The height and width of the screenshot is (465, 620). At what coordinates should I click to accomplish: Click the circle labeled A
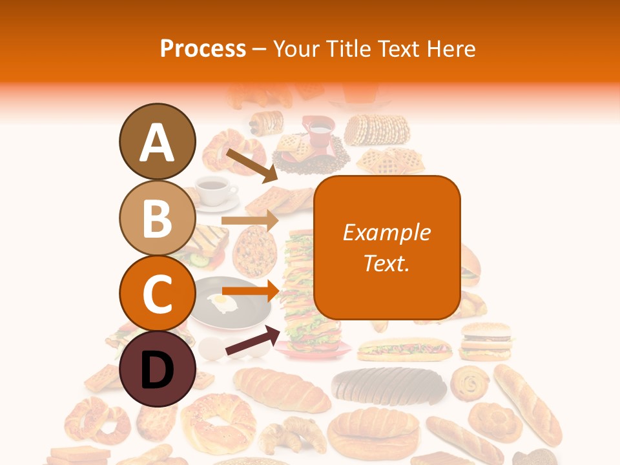point(157,141)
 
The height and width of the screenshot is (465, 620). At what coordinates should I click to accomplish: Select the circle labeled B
point(157,218)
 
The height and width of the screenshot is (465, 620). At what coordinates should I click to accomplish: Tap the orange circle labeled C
point(157,293)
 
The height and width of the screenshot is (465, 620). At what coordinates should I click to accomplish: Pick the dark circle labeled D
point(157,369)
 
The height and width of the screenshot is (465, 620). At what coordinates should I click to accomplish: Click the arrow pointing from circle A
point(251,164)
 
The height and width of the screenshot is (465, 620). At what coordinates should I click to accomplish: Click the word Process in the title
point(203,48)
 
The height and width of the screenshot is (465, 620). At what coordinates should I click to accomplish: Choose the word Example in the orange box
point(386,232)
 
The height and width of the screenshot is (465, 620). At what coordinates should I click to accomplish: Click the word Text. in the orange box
point(386,263)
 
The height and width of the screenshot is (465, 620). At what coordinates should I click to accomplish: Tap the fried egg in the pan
point(220,301)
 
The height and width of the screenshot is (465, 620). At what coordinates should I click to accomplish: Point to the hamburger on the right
point(486,340)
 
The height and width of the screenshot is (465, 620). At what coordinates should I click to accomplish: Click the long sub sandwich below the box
point(404,349)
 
